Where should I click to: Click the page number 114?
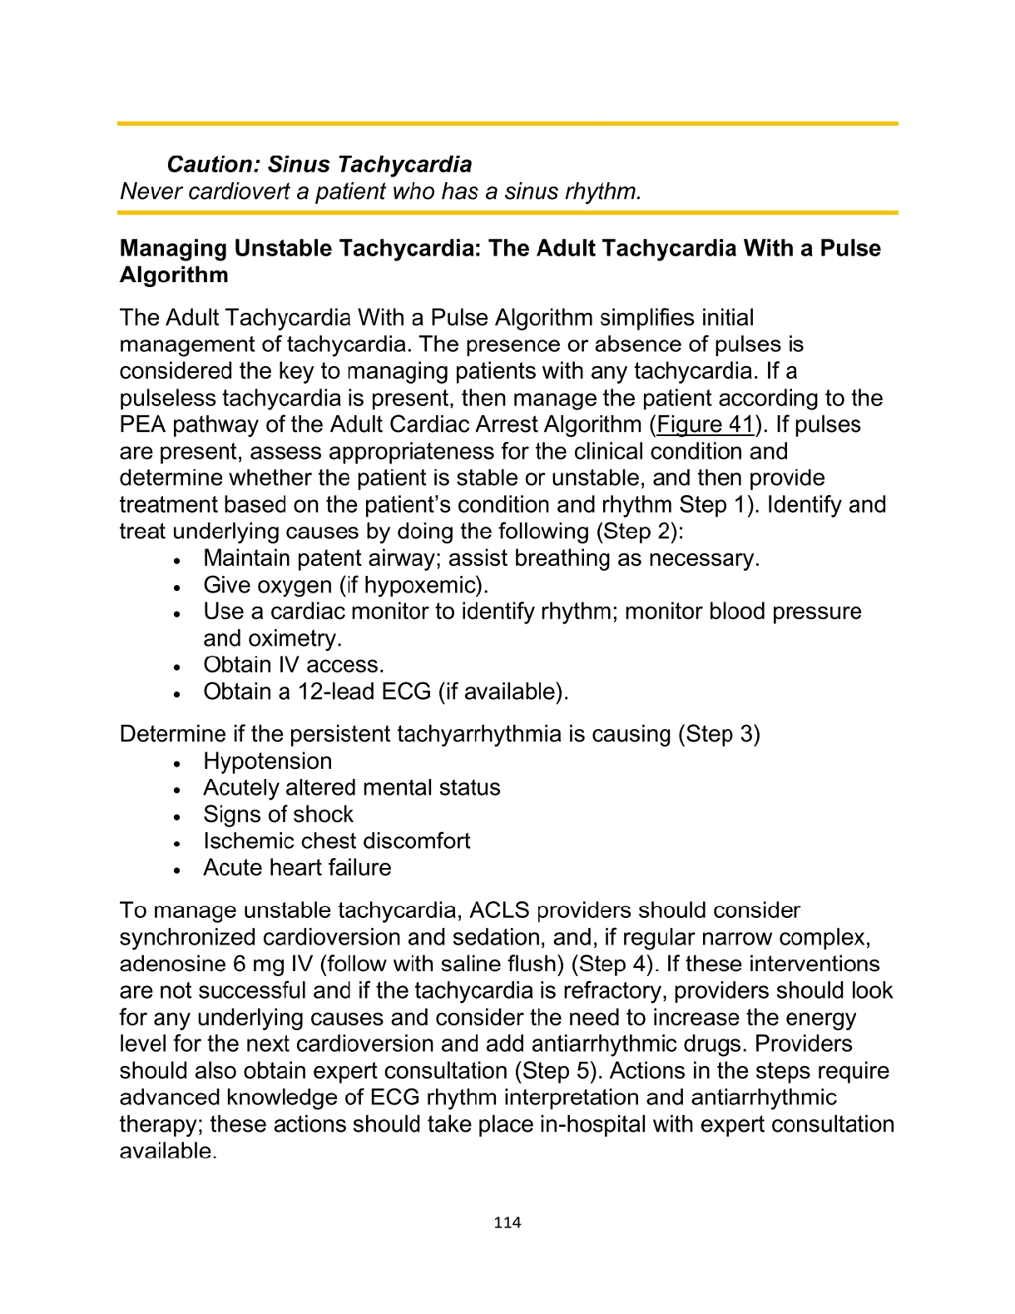click(x=507, y=1222)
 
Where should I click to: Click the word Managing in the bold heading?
click(x=173, y=248)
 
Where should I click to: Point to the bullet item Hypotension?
click(x=267, y=761)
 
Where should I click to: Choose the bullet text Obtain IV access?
click(x=294, y=664)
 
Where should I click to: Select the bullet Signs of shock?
click(x=278, y=814)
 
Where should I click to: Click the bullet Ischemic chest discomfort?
click(x=336, y=840)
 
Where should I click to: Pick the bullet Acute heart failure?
click(x=297, y=867)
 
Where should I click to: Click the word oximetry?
click(x=272, y=637)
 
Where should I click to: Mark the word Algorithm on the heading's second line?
click(x=173, y=275)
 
